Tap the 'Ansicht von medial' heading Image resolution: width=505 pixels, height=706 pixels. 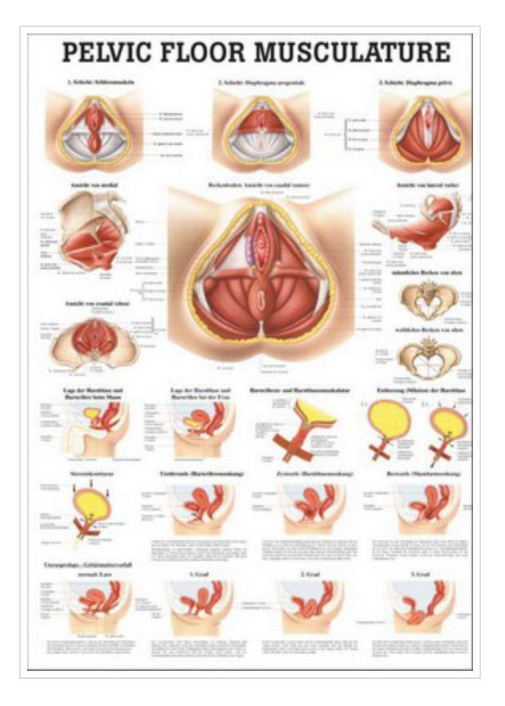(92, 184)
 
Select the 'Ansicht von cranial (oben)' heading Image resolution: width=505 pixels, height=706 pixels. (93, 304)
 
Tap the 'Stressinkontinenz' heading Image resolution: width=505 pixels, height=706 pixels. (88, 473)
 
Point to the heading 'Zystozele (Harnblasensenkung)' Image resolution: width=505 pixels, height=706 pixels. (311, 473)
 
